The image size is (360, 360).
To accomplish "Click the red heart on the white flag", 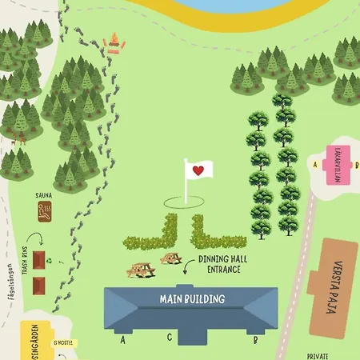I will point(198,170).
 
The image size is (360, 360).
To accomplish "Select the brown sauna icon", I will point(46,211).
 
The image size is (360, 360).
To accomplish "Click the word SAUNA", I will point(44,195).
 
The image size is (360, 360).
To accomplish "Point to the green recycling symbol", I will point(49,260).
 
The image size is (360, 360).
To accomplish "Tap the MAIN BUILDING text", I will point(190,300).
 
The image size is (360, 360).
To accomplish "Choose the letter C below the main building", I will point(170,338).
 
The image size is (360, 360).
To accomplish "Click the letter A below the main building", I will point(123,339).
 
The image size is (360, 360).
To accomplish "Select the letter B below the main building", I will point(255,339).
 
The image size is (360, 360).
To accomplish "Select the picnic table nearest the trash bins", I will point(141,271).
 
